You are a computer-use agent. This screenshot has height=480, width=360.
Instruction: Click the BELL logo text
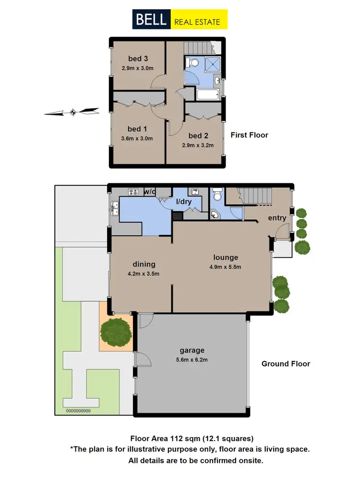coord(151,20)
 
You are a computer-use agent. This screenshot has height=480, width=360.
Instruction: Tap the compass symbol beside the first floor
coord(72,112)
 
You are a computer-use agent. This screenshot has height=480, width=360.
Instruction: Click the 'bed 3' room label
coord(138,59)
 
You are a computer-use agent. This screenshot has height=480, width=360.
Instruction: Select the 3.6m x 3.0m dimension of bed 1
coord(137,139)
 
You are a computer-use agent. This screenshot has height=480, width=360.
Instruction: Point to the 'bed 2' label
coord(198,135)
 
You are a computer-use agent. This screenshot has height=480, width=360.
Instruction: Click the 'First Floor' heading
coord(249,135)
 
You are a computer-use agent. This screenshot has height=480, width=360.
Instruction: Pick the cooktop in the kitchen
coord(132,192)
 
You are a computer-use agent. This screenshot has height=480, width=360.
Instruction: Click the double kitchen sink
coord(115,207)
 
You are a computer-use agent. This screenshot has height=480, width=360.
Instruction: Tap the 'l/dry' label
coord(183,202)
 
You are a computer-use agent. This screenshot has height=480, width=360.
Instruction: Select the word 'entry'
coord(277,218)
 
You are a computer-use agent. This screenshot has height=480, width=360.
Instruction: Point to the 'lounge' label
coord(226,257)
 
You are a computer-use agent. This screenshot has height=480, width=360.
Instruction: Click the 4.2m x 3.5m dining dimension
coord(144,274)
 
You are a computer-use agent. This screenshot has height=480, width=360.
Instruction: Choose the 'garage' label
coord(192,350)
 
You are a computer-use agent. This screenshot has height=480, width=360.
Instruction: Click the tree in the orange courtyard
coord(116,331)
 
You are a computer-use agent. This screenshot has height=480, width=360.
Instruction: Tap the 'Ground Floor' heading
coord(286,364)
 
